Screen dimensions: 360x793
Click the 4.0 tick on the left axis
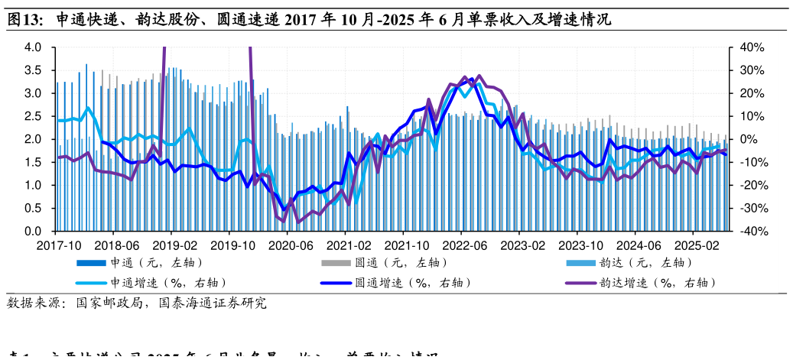(33, 47)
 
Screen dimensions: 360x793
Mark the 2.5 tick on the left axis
(33, 116)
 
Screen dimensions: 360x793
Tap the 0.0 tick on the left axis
(33, 231)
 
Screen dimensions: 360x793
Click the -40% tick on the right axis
(752, 231)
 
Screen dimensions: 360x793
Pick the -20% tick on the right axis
(752, 185)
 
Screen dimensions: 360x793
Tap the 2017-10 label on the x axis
(58, 245)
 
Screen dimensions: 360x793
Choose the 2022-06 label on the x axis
(461, 245)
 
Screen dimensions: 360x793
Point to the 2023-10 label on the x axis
(577, 245)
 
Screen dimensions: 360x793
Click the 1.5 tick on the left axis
(33, 162)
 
